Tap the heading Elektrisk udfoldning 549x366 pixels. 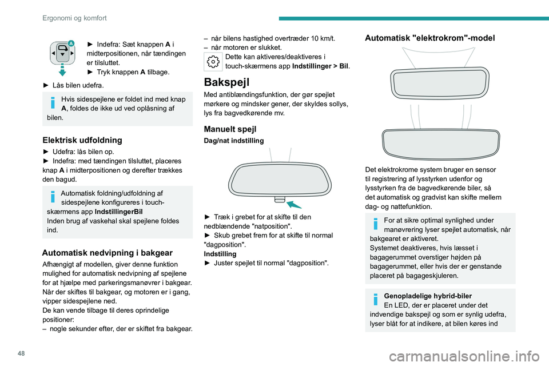coord(82,139)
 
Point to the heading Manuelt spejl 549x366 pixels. coord(230,129)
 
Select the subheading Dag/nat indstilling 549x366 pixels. coord(234,141)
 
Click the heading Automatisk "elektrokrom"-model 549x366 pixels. coord(430,38)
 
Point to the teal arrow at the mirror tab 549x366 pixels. coord(294,204)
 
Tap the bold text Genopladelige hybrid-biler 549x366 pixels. coord(428,296)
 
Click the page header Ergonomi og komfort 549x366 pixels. coord(74,18)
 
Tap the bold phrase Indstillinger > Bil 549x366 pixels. coord(320,66)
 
